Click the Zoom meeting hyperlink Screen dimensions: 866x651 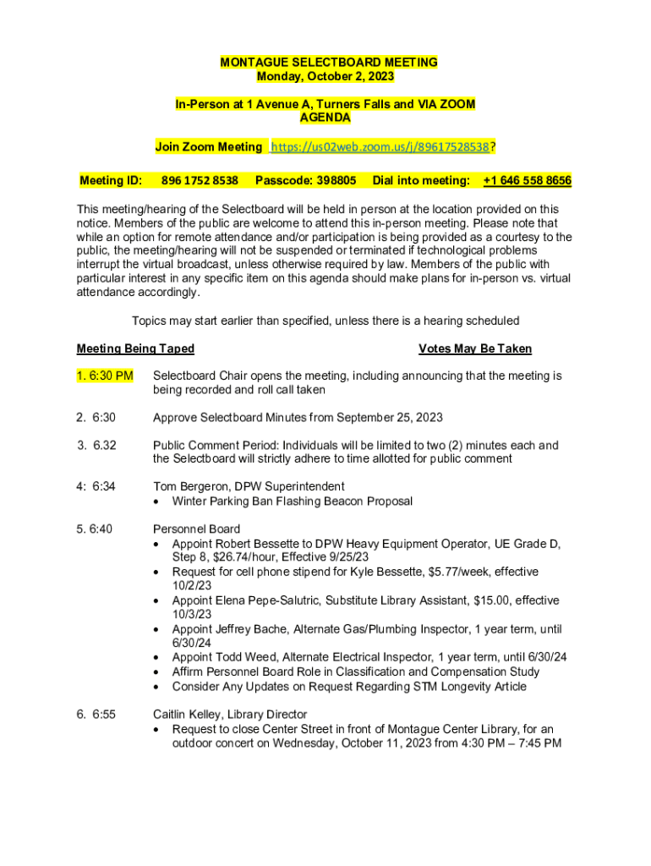[x=380, y=147]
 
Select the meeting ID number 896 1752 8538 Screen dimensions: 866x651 [x=200, y=181]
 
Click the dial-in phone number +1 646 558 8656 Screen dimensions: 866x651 [x=527, y=181]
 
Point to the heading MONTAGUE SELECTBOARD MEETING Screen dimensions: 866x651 [x=329, y=63]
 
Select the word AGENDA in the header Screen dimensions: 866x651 [x=325, y=118]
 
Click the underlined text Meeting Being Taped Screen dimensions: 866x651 [x=135, y=348]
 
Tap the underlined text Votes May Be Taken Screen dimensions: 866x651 [x=474, y=348]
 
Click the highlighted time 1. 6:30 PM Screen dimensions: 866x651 [x=105, y=375]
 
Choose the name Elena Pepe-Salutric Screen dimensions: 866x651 [x=274, y=600]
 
